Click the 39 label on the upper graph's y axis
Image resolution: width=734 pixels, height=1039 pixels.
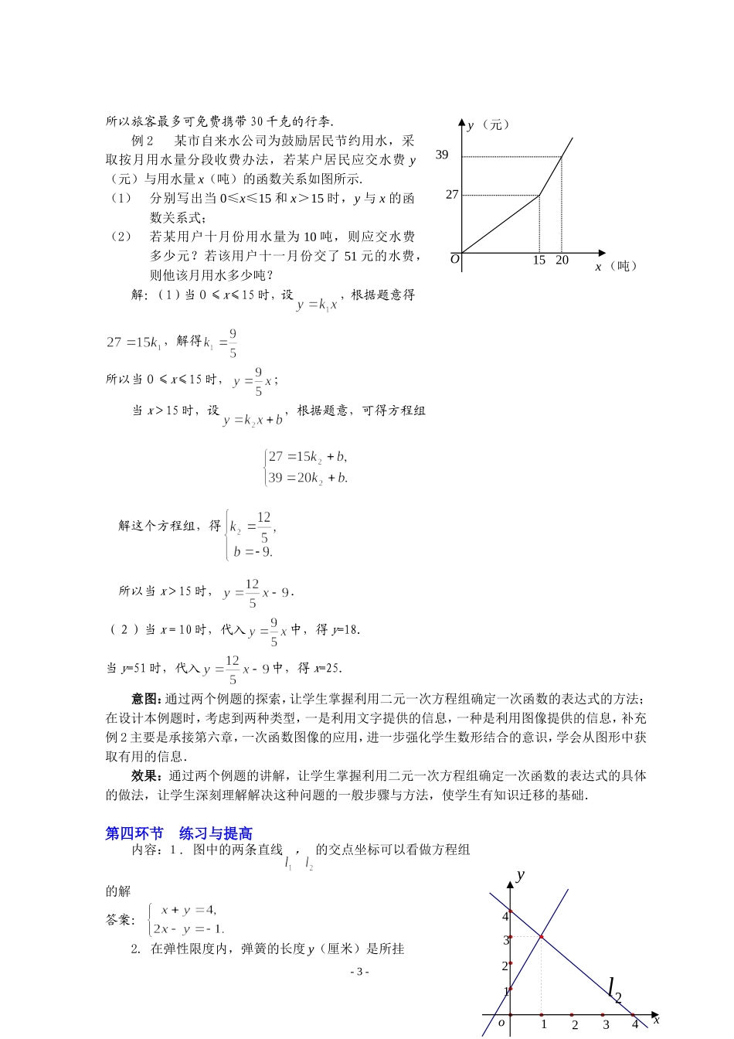click(442, 155)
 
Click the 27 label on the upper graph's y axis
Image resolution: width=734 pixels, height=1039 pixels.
click(452, 195)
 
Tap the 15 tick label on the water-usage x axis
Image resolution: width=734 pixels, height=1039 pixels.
click(539, 261)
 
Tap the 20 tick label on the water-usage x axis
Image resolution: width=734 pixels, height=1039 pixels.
click(562, 261)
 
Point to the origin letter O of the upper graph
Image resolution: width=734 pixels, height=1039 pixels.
click(454, 259)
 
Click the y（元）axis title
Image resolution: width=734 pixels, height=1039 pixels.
click(488, 124)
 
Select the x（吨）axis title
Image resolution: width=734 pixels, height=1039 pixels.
click(616, 267)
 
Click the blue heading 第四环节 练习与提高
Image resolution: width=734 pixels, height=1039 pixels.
click(178, 833)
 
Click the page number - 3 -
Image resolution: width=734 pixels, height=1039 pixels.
click(359, 972)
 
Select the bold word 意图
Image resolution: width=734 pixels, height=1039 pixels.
click(145, 699)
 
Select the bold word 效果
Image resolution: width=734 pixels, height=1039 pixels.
click(145, 776)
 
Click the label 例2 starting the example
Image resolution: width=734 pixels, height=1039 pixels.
click(144, 141)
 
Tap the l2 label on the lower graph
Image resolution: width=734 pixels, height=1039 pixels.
click(614, 989)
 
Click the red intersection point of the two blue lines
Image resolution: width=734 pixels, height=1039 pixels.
click(541, 937)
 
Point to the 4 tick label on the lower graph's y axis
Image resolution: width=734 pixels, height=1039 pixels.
click(505, 916)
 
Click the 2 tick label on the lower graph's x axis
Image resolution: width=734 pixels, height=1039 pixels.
click(574, 1025)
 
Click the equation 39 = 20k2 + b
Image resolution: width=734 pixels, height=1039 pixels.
click(308, 478)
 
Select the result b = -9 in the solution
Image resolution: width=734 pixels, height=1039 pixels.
click(253, 552)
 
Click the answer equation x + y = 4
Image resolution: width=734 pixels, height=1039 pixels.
click(189, 910)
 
